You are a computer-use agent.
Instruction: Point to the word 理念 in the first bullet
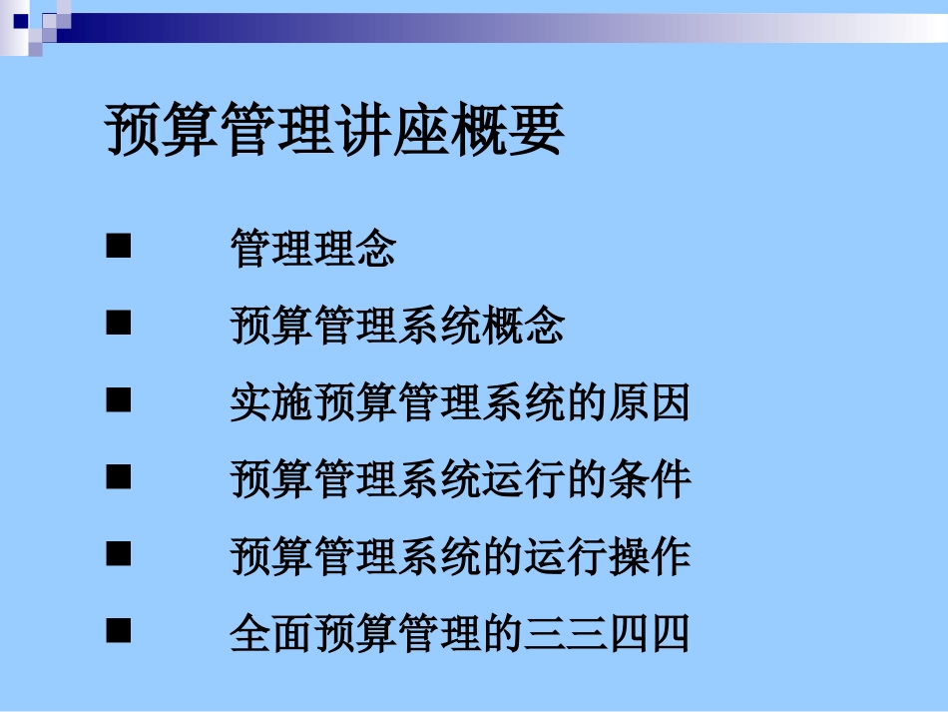(355, 249)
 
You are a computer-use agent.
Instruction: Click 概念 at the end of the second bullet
(523, 327)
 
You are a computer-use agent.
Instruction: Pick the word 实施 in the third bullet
(271, 403)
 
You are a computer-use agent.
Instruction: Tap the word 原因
(649, 403)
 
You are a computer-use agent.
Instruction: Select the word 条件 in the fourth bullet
(649, 480)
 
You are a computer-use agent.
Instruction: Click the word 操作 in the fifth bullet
(649, 557)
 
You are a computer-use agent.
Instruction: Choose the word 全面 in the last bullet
(271, 634)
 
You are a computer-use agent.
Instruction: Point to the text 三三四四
(607, 634)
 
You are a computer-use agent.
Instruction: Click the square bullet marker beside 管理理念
(119, 246)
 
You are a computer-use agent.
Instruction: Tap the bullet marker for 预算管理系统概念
(119, 324)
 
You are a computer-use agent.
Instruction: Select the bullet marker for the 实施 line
(119, 400)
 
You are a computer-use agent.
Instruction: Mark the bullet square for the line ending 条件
(119, 477)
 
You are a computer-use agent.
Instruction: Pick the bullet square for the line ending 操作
(119, 554)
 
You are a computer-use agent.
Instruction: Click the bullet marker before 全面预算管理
(119, 631)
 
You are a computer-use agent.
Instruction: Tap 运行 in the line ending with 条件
(523, 480)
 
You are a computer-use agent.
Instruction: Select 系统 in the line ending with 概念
(439, 327)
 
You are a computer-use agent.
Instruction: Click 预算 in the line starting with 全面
(355, 634)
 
